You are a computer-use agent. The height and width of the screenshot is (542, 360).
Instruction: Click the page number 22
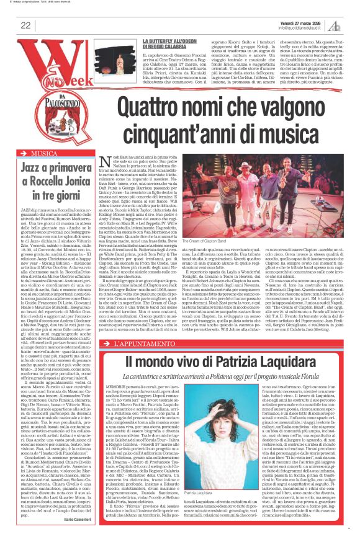(x=26, y=25)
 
